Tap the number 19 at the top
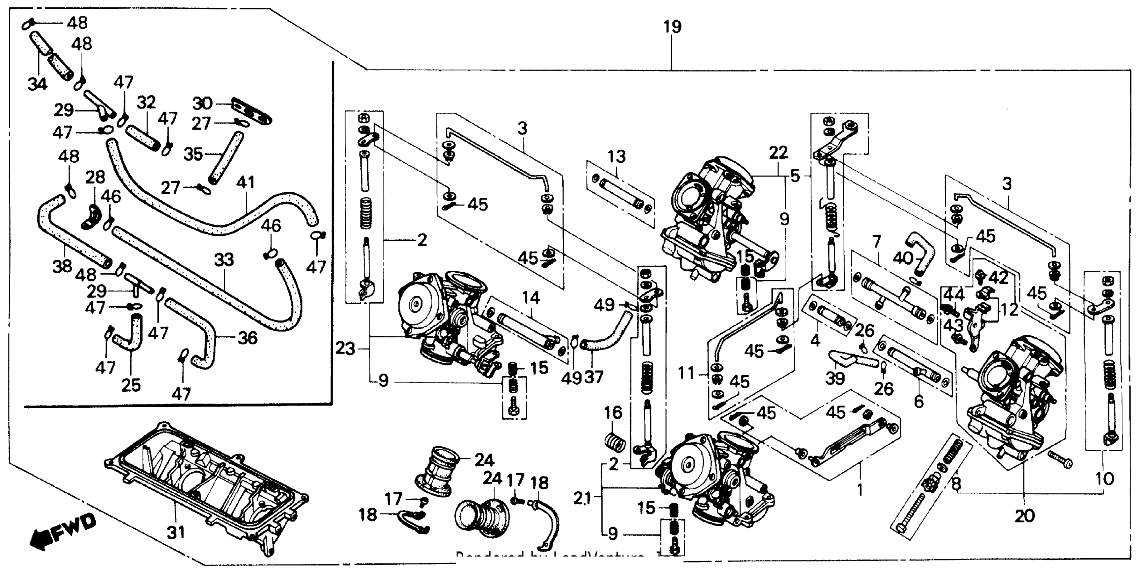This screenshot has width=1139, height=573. [x=672, y=27]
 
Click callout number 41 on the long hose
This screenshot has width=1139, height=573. [x=245, y=182]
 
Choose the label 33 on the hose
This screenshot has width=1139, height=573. [x=224, y=260]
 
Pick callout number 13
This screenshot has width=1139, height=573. [x=616, y=156]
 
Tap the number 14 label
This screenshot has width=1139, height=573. [x=531, y=298]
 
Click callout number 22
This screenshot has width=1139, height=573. [x=778, y=153]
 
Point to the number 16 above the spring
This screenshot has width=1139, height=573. [x=614, y=413]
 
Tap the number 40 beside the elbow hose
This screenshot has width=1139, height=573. [x=903, y=258]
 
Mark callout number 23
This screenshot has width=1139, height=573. [x=345, y=349]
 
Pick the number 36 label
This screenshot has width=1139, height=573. [x=247, y=338]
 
